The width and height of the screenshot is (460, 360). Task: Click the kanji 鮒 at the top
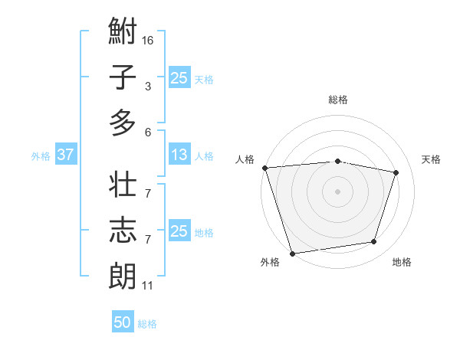coord(123,33)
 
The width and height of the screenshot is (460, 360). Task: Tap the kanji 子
coord(123,77)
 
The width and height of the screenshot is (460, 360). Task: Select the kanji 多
coord(123,122)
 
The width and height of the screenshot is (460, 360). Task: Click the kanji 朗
coord(123,275)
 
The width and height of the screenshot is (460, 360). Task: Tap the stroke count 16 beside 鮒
coord(148,39)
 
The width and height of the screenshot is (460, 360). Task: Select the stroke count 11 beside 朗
coord(148,286)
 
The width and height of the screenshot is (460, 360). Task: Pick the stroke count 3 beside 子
coord(147,87)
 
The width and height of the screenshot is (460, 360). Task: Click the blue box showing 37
coord(65,155)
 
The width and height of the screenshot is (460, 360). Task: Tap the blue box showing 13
coord(179,155)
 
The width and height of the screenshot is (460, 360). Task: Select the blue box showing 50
coord(123,322)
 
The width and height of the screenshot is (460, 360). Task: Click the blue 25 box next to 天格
coord(179,77)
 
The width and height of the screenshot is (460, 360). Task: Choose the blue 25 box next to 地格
coord(179,231)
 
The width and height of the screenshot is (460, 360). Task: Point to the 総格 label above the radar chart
coord(338,100)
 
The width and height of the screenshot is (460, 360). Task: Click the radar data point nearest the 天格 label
coord(396,172)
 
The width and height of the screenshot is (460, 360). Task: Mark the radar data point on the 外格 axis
coord(292,253)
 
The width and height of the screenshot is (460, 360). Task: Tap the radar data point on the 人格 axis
coord(264,168)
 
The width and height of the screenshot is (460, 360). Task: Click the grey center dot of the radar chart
coord(338,191)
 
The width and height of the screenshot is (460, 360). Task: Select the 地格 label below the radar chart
coord(402,263)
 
